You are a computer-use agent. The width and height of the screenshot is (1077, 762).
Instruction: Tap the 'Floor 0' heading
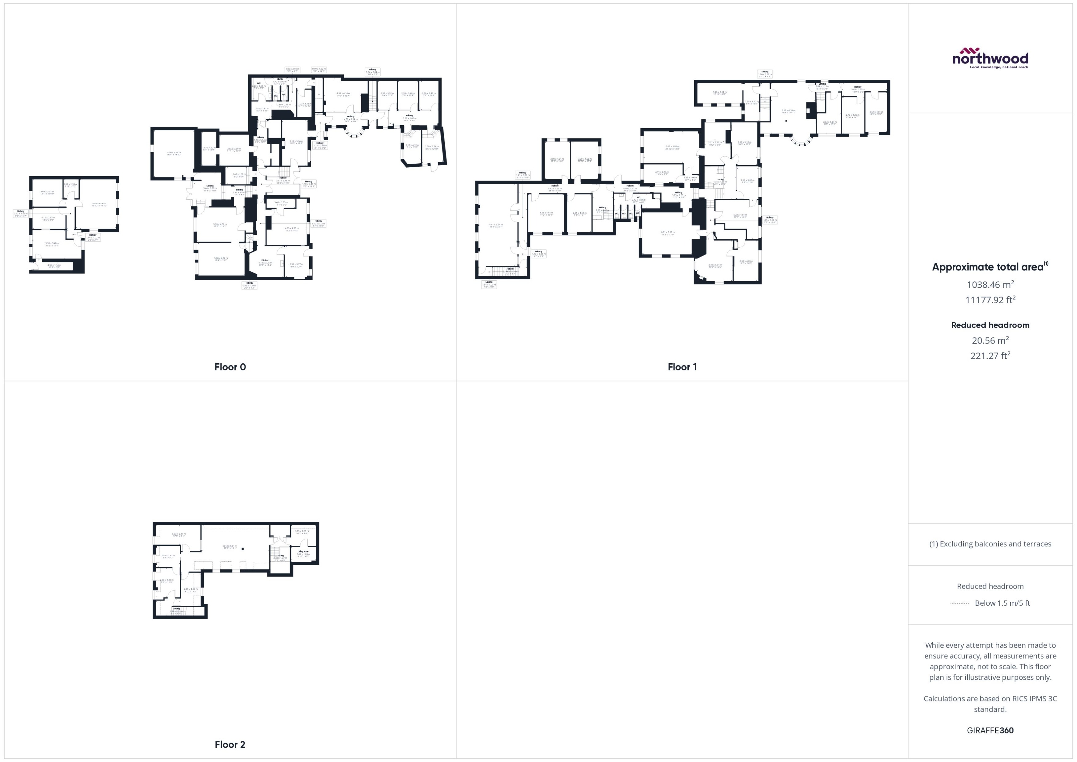(230, 367)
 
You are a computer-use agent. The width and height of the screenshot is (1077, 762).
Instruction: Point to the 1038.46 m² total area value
(990, 284)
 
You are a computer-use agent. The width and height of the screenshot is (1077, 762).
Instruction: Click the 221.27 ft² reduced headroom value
(990, 356)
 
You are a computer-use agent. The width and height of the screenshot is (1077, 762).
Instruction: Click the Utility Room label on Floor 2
(303, 553)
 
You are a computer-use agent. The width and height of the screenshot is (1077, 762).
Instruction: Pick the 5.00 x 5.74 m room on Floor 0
(174, 154)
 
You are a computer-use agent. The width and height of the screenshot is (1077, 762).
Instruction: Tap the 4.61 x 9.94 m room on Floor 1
(496, 226)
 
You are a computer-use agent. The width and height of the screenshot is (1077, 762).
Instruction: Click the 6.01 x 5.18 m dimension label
(667, 233)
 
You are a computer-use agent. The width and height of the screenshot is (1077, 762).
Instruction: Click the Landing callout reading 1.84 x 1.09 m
(489, 284)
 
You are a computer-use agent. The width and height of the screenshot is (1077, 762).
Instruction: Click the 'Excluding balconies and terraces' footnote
(990, 544)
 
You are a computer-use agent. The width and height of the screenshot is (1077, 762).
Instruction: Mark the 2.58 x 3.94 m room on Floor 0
(431, 147)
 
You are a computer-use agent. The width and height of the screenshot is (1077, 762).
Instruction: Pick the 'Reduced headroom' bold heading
(990, 325)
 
